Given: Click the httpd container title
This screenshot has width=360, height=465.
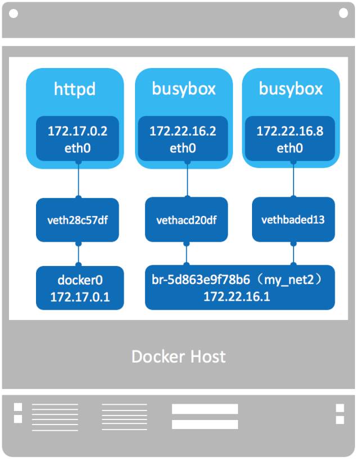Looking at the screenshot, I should pos(75,89).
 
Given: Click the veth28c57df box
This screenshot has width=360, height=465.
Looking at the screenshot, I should pos(78,220).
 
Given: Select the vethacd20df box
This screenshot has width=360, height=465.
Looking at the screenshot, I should pos(186,220).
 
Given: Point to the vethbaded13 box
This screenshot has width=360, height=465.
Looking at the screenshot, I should pos(292,219).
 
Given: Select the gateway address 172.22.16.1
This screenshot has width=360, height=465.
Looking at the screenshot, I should pos(237,296).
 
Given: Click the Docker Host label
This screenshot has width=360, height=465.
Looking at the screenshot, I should pos(178,356).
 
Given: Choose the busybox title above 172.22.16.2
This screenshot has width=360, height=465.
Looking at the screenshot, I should pos(183,89).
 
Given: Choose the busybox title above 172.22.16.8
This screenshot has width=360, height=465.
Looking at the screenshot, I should pos(290,89).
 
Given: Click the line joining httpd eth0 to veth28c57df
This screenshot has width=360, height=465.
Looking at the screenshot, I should pos(78,180).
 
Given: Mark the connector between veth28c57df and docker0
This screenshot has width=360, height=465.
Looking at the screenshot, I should pos(78,255).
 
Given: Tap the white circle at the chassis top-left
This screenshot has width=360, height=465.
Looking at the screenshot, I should pos(13,13).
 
